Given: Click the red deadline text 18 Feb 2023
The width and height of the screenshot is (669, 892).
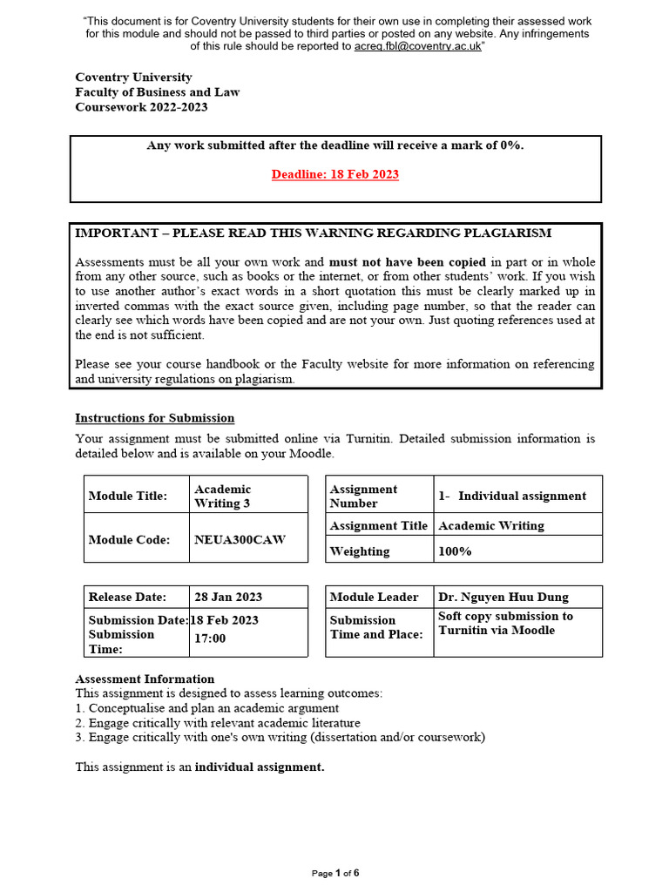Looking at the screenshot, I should click(x=334, y=174).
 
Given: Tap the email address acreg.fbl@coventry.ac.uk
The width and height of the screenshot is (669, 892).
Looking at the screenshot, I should click(x=417, y=46).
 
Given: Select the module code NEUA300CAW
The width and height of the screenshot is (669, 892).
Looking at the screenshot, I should click(x=240, y=539).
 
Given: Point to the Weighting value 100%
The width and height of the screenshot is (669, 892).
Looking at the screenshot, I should click(x=455, y=551).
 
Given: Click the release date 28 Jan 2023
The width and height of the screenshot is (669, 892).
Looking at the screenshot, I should click(x=228, y=597).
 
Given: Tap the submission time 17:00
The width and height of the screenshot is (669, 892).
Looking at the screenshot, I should click(x=210, y=639).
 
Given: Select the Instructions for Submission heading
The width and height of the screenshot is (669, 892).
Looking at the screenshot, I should click(x=154, y=417).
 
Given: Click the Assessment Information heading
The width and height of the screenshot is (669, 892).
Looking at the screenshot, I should click(x=145, y=679).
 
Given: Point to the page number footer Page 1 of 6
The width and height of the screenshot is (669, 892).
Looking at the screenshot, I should click(x=335, y=873).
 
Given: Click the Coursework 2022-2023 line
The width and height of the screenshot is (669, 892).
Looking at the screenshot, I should click(x=141, y=107).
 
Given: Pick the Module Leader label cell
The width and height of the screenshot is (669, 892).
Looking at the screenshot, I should click(x=375, y=597).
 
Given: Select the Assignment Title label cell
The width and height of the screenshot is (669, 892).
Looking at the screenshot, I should click(x=379, y=525).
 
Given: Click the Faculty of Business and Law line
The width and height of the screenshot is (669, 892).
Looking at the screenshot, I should click(x=157, y=92).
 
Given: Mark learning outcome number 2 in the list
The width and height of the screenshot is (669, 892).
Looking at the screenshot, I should click(x=218, y=723).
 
